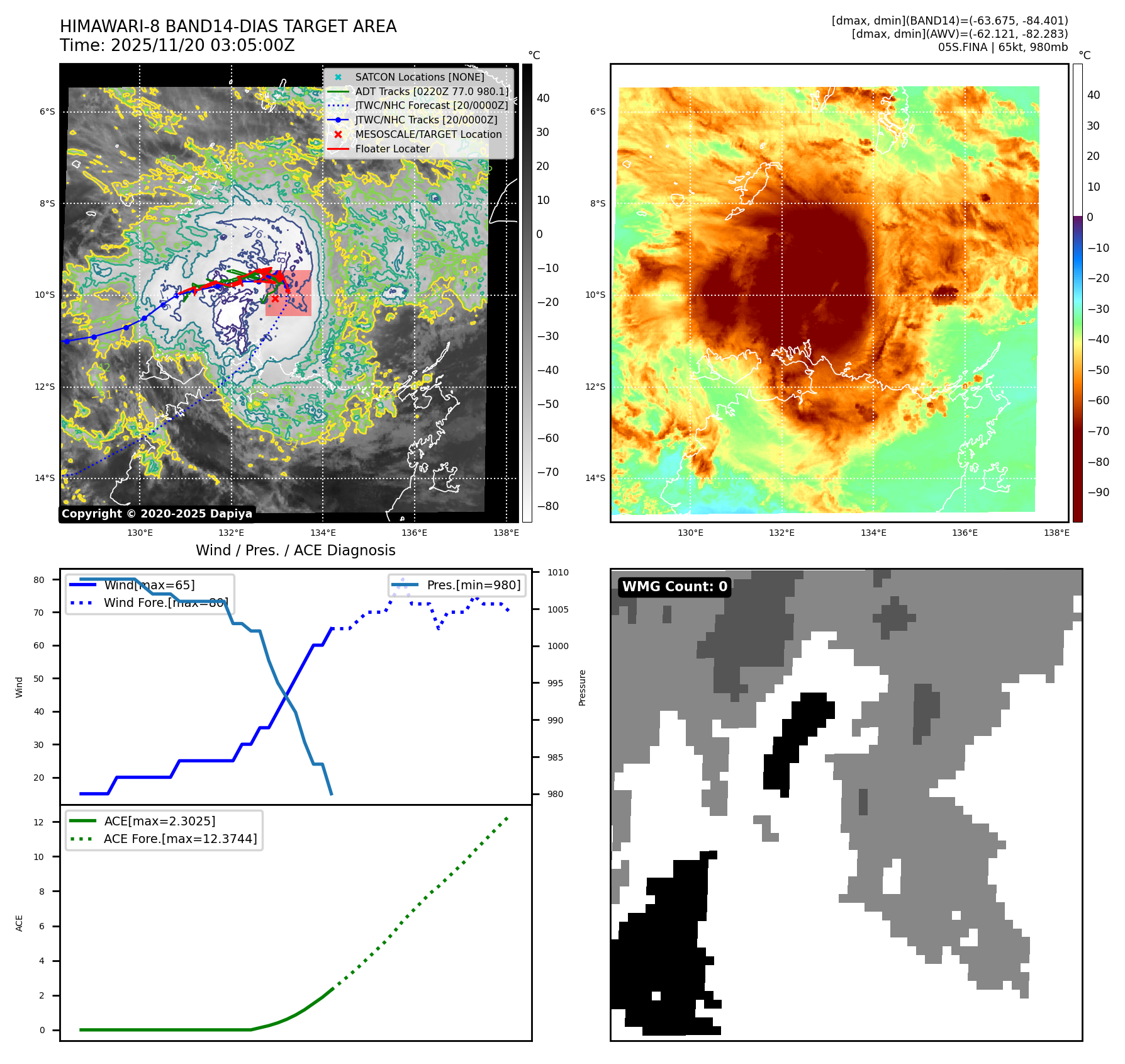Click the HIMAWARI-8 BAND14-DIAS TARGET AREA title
click(x=228, y=26)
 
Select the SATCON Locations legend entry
click(x=419, y=77)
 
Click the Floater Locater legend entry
click(x=392, y=149)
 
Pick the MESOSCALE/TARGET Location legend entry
click(x=428, y=135)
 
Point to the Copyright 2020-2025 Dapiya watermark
click(x=157, y=514)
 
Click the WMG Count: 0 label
click(x=674, y=587)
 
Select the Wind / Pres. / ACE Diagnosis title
click(x=296, y=550)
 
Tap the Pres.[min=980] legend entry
click(x=473, y=585)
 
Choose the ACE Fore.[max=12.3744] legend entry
click(x=180, y=839)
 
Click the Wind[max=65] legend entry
click(x=149, y=585)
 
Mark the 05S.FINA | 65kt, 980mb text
click(x=1003, y=47)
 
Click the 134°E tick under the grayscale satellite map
click(x=323, y=533)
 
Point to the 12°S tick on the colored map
click(x=595, y=387)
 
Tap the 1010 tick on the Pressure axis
click(x=557, y=572)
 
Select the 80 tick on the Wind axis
click(x=39, y=580)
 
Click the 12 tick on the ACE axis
click(x=39, y=822)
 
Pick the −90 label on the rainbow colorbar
click(x=1099, y=492)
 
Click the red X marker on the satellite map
click(x=275, y=298)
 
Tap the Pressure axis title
click(x=583, y=688)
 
